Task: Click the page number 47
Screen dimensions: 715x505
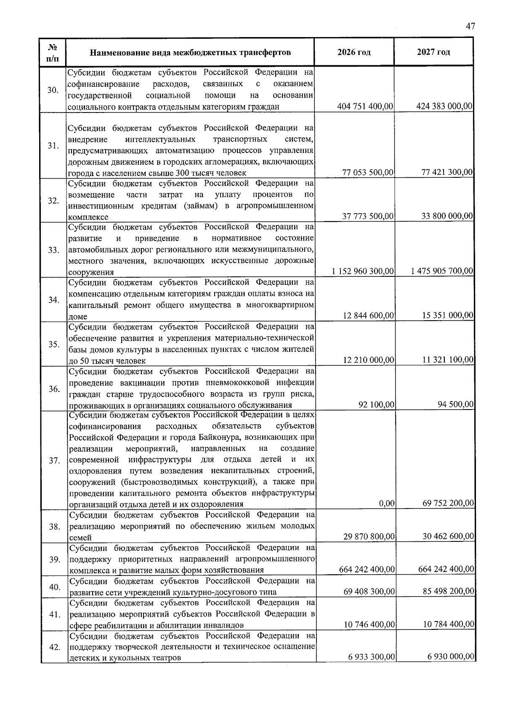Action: click(x=470, y=26)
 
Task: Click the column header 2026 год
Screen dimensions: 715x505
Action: click(x=354, y=52)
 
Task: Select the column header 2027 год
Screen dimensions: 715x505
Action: click(x=433, y=52)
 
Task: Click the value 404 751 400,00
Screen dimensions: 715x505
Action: click(x=365, y=107)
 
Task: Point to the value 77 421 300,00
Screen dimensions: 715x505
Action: click(x=447, y=172)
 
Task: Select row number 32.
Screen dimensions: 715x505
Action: click(x=53, y=201)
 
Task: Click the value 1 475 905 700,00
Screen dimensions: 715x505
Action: click(x=442, y=271)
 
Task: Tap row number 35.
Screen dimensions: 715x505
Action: click(x=53, y=344)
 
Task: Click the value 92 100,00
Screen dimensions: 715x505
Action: click(x=376, y=405)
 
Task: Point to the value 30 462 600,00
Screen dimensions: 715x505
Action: click(x=448, y=536)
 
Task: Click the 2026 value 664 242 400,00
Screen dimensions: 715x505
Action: click(x=367, y=570)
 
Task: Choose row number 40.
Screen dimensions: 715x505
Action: click(x=54, y=587)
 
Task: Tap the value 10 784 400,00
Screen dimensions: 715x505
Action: click(x=448, y=624)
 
